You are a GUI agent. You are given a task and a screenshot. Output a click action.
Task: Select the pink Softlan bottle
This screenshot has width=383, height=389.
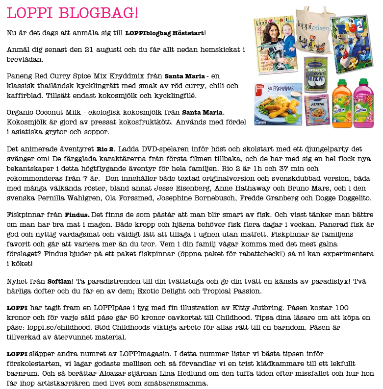tap(363, 101)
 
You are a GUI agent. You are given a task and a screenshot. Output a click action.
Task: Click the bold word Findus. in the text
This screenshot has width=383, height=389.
tap(77, 215)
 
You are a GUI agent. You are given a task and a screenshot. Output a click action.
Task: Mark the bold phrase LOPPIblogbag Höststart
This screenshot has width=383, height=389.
tap(164, 33)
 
